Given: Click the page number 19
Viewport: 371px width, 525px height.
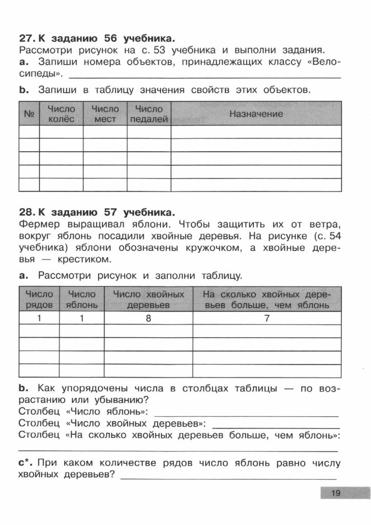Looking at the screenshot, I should (336, 493).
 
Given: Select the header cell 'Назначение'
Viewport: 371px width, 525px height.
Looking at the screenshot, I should (256, 114).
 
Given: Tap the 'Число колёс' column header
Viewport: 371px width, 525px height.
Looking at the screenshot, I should (61, 114).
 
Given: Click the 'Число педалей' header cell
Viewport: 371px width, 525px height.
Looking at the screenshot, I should (149, 114).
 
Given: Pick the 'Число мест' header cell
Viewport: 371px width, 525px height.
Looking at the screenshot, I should (105, 114).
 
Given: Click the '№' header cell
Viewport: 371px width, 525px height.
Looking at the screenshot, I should (29, 114).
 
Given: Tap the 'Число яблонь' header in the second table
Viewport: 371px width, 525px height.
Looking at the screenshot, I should (82, 300).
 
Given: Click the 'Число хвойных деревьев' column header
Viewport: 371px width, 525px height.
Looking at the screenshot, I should (148, 300).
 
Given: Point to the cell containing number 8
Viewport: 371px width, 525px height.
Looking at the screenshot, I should (148, 318).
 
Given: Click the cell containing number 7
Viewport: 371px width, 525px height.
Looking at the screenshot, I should (267, 318).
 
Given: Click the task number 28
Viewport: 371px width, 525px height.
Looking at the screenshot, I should (26, 211).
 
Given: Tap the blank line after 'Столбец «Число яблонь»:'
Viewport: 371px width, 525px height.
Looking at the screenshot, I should (246, 413).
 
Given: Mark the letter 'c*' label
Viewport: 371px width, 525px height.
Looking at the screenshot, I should (26, 463).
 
